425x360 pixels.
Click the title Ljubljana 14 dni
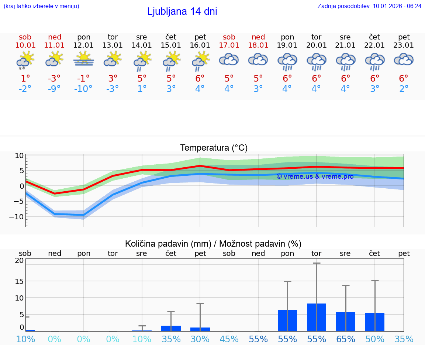pos(182,11)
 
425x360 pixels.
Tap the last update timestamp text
pos(369,6)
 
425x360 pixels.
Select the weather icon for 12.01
pos(84,59)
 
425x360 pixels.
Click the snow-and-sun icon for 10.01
pos(25,60)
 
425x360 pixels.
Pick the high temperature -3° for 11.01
pos(54,78)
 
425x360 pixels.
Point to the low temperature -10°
pos(83,89)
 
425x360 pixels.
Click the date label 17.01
pos(229,45)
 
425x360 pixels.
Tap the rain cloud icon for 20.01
pos(317,61)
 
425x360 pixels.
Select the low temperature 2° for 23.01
pos(404,89)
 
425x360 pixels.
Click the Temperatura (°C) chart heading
pos(214,148)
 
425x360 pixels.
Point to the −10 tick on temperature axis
pos(17,217)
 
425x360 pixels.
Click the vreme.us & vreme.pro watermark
pos(315,176)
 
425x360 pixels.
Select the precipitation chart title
pos(213,244)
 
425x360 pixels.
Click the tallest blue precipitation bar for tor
pos(317,317)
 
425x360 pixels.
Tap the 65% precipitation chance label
pos(346,339)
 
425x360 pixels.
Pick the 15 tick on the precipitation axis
pos(19,281)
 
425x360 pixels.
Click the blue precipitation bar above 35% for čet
pos(171,328)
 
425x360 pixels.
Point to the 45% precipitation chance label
pos(229,339)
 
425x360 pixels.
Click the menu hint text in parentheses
pos(41,6)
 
